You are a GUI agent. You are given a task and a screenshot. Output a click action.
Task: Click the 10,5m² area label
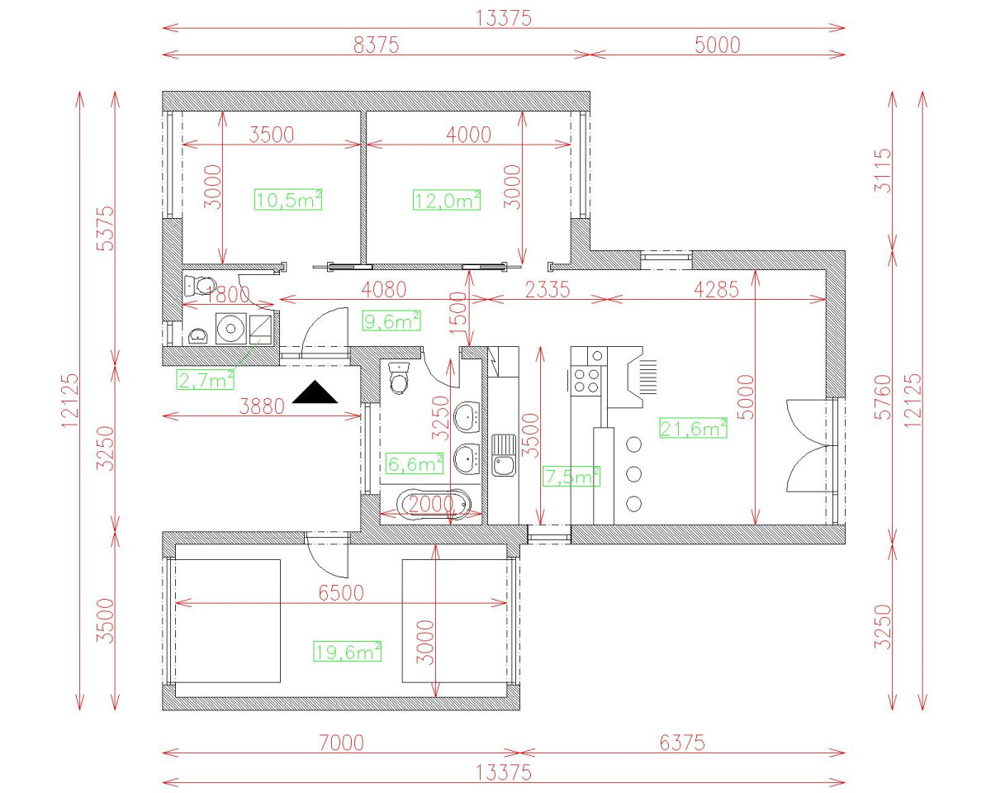(x=288, y=199)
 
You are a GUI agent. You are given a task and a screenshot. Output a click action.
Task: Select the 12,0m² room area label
(x=447, y=199)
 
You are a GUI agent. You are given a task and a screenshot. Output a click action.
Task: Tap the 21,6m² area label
(x=693, y=427)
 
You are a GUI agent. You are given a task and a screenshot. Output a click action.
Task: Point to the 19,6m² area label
(x=347, y=652)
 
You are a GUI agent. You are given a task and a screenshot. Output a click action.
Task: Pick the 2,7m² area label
(x=205, y=379)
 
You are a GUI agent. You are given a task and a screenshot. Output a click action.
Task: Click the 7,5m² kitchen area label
(x=571, y=476)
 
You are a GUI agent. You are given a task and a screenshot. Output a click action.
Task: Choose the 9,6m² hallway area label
(x=391, y=321)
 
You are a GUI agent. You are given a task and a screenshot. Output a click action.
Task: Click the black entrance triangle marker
(x=315, y=392)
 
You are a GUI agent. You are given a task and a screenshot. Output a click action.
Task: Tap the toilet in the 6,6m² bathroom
(x=400, y=379)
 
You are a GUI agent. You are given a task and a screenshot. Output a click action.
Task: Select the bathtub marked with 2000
(x=432, y=502)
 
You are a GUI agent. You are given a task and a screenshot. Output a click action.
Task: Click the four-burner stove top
(x=587, y=380)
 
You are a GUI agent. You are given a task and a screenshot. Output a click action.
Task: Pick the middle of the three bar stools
(x=634, y=473)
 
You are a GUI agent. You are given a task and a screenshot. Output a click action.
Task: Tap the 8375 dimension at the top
(x=376, y=45)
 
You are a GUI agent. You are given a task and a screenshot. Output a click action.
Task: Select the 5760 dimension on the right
(x=883, y=397)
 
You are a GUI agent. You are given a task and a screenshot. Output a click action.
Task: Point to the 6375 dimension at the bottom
(x=682, y=743)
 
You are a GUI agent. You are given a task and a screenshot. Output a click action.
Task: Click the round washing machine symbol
(x=229, y=329)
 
